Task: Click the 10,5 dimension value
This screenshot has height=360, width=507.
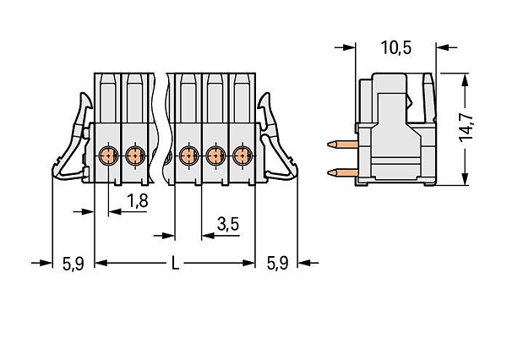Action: point(396,47)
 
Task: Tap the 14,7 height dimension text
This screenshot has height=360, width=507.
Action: point(466,128)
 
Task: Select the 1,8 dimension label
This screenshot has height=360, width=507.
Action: point(138,200)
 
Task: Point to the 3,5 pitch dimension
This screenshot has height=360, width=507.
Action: point(228,224)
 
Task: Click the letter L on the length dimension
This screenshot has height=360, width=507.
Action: point(175,263)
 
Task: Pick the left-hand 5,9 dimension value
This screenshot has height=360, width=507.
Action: point(73,264)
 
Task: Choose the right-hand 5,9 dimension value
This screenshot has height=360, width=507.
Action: point(277,263)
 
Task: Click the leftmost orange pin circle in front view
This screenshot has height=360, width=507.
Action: point(107,155)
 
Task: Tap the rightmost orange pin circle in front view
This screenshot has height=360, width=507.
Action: point(242,155)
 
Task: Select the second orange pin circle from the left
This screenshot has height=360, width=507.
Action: point(134,155)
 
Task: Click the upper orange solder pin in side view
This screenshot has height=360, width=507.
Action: point(342,144)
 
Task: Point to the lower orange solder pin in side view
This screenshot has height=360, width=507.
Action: point(342,172)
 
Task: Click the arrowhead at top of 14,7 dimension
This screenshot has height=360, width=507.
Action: point(465,80)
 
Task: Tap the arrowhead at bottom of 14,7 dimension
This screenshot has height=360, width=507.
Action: point(465,179)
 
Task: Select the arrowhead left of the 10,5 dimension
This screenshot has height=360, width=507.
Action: point(349,47)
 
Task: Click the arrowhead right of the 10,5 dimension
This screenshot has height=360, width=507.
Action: point(443,47)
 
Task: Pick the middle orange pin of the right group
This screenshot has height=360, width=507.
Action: point(215,155)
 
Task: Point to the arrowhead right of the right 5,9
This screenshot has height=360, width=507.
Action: point(304,263)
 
